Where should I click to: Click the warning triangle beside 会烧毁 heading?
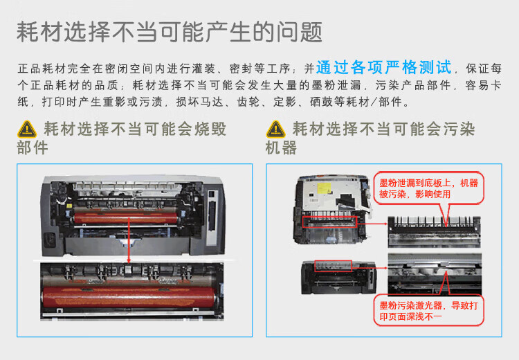coord(27,129)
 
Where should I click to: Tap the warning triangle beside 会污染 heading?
coord(276,129)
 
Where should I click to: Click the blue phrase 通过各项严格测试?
coord(383,68)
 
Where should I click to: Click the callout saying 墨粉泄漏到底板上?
coord(428,188)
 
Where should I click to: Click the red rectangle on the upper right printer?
coord(329,221)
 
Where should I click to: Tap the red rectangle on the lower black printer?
coord(333,265)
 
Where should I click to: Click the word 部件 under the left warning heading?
coord(33,147)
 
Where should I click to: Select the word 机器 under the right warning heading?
coord(281,147)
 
